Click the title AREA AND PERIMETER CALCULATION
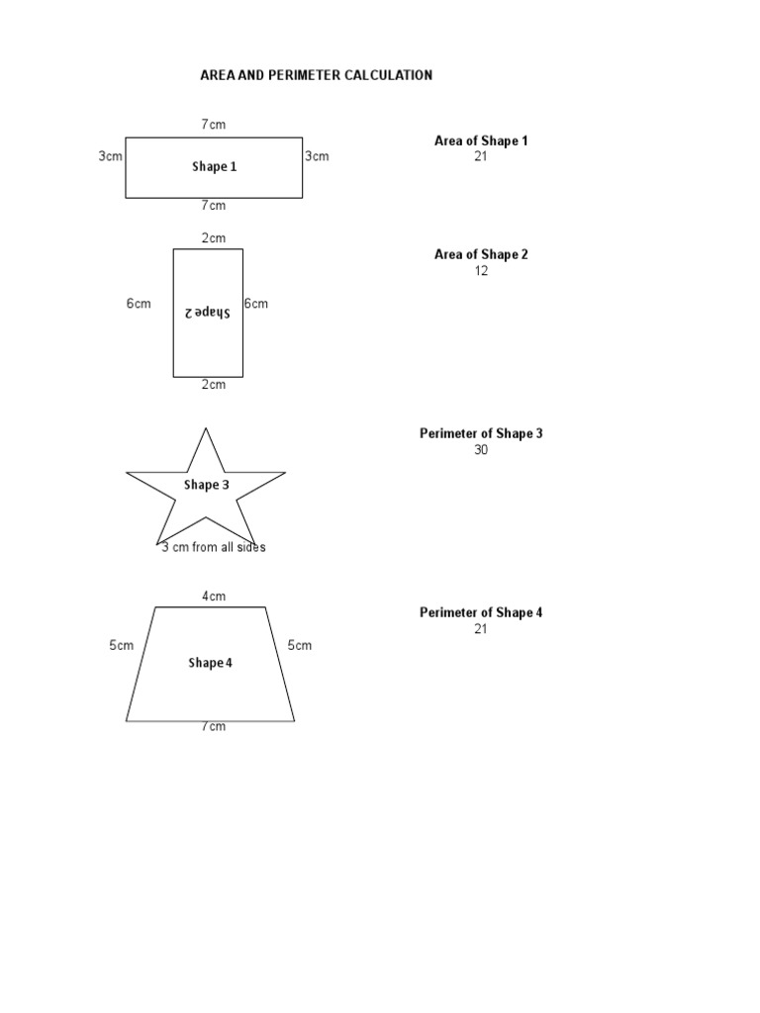tap(316, 75)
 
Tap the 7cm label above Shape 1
tap(214, 125)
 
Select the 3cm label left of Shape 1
tap(110, 156)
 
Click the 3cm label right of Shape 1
tap(317, 156)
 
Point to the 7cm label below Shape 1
tap(214, 206)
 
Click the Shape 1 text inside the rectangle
tap(214, 167)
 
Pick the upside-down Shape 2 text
tap(207, 313)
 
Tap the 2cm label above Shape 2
tap(214, 238)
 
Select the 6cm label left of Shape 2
tap(139, 304)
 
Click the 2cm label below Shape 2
tap(214, 385)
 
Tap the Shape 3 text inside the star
tap(206, 485)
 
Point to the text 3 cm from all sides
tap(214, 547)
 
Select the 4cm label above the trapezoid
tap(214, 597)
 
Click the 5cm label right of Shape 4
tap(300, 646)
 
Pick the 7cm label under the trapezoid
tap(214, 727)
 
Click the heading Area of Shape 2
tap(481, 254)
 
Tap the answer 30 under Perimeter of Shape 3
tap(481, 450)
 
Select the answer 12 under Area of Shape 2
tap(481, 271)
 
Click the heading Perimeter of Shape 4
tap(481, 612)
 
